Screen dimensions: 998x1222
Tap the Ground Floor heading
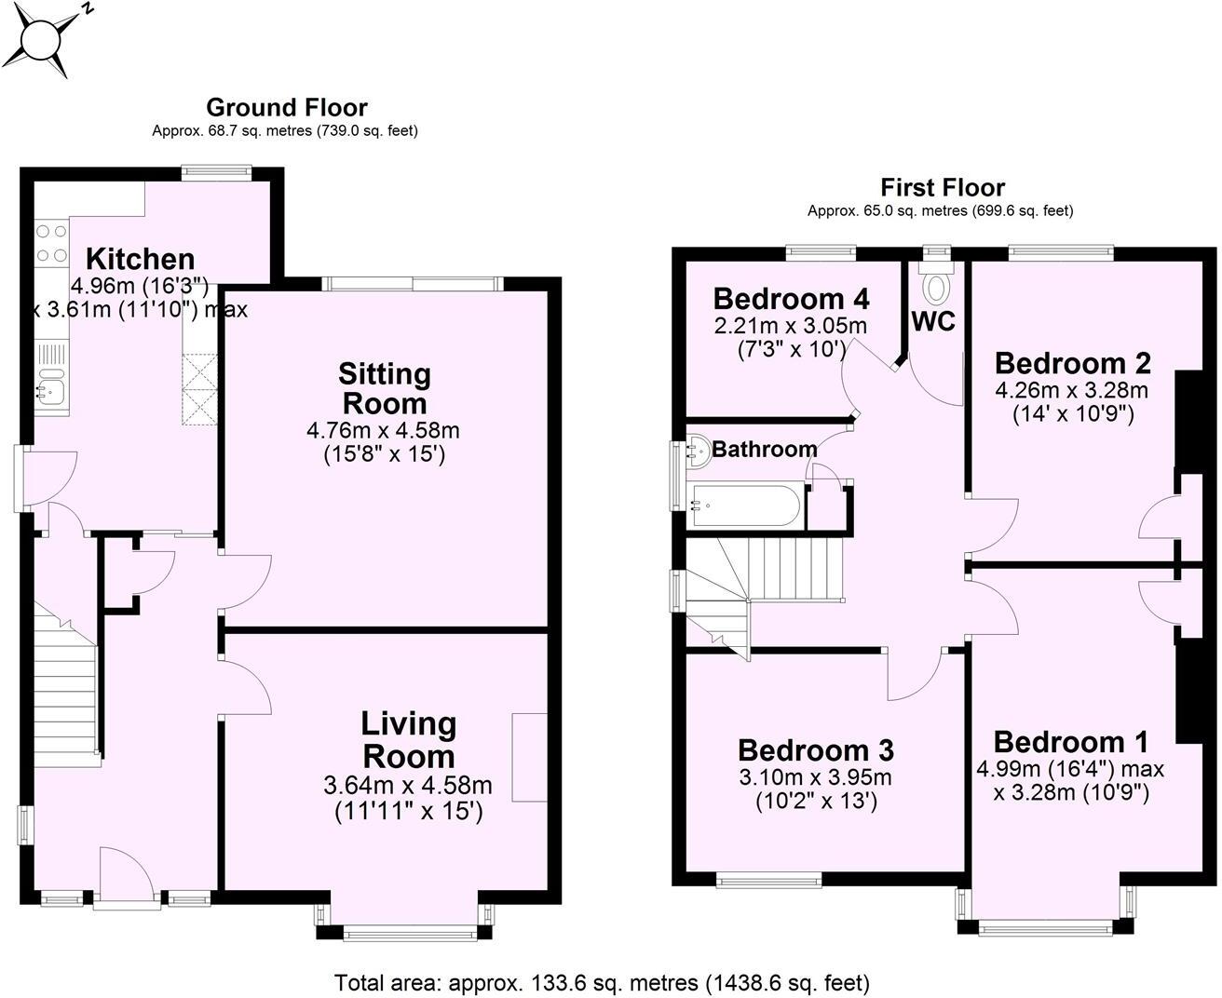pyautogui.click(x=286, y=108)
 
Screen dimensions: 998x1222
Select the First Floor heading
pyautogui.click(x=943, y=188)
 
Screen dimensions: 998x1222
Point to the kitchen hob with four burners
pyautogui.click(x=51, y=243)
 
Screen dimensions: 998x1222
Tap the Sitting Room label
pyautogui.click(x=384, y=389)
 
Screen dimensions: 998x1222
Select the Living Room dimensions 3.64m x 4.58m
pyautogui.click(x=408, y=786)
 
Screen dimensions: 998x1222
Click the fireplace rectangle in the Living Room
pyautogui.click(x=530, y=757)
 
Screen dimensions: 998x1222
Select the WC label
pyautogui.click(x=933, y=321)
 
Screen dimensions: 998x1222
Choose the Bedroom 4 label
pyautogui.click(x=791, y=299)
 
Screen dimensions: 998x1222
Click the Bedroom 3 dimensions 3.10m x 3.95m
pyautogui.click(x=815, y=776)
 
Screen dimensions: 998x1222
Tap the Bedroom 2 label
pyautogui.click(x=1072, y=363)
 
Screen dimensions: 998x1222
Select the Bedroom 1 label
pyautogui.click(x=1070, y=742)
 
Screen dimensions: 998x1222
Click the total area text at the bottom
pyautogui.click(x=602, y=982)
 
